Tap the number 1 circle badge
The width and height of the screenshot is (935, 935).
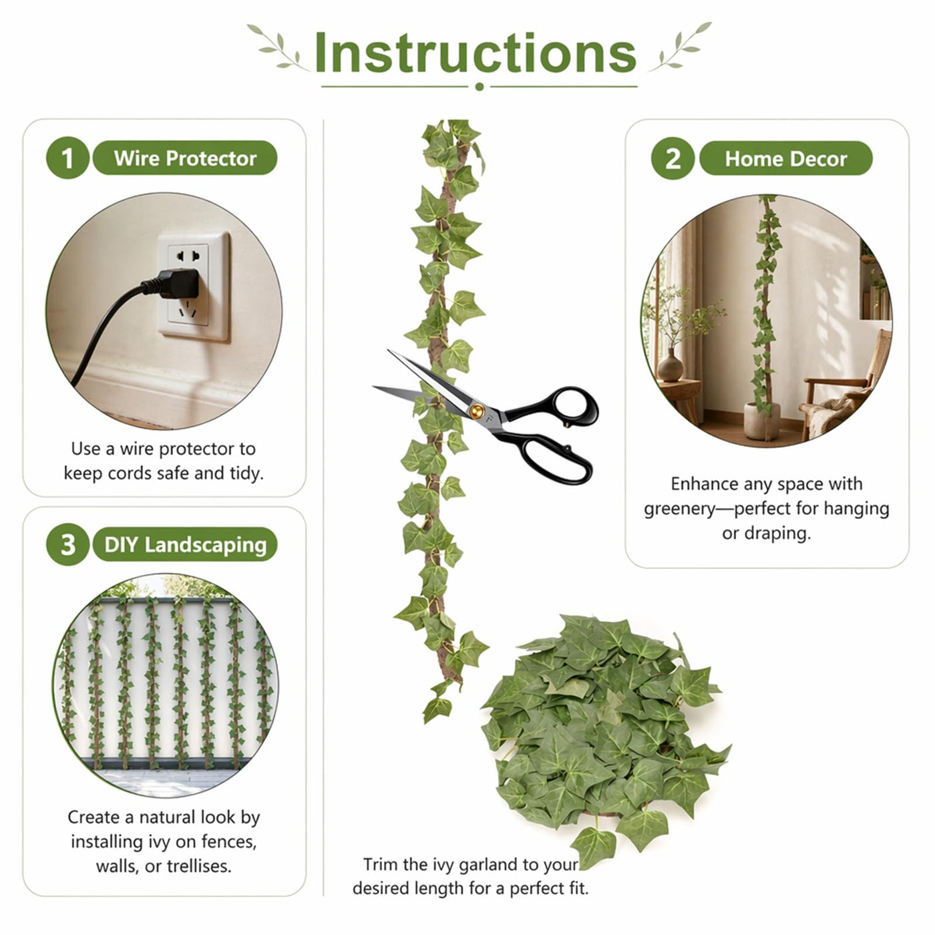point(67,158)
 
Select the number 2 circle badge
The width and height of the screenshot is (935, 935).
point(673,158)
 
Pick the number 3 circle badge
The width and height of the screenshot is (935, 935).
point(67,544)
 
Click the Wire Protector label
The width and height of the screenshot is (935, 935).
point(185,158)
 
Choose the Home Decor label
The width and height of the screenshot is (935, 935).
point(785,159)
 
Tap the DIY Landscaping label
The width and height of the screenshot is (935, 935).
point(185,544)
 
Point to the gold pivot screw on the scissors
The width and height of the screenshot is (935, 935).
point(476,411)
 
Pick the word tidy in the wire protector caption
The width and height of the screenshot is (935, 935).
point(248,473)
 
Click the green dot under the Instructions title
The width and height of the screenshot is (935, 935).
point(480,87)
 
